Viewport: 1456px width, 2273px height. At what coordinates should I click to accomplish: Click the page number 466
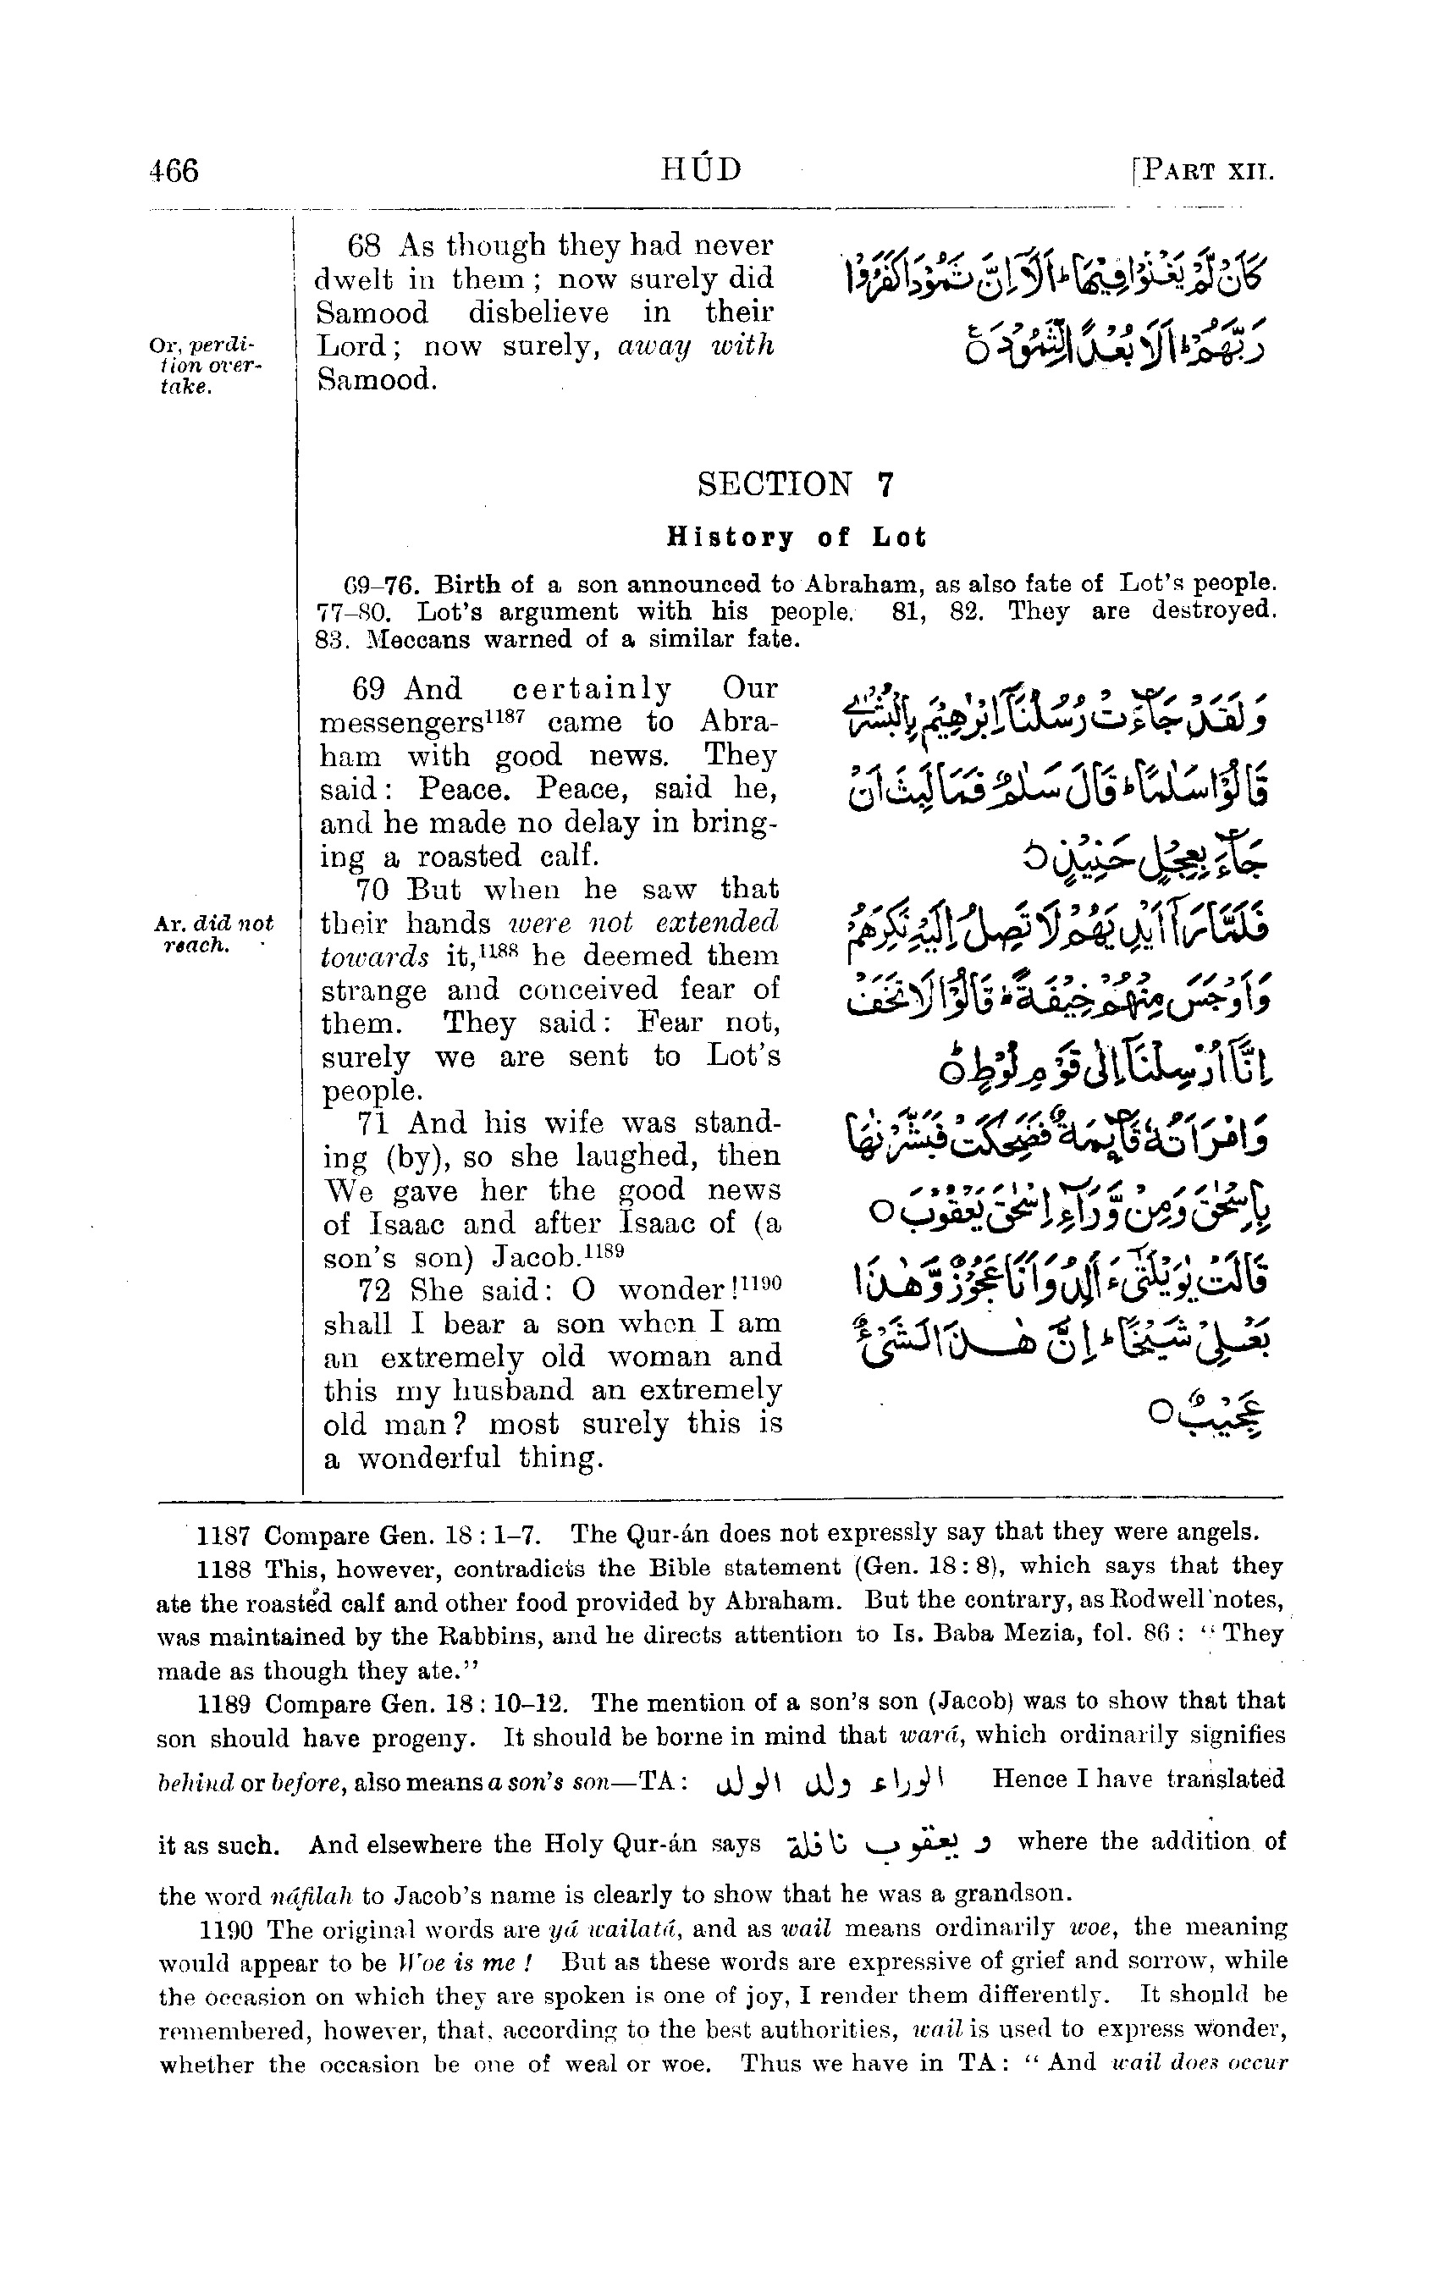(174, 171)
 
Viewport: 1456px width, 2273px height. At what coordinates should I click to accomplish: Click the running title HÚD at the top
(701, 169)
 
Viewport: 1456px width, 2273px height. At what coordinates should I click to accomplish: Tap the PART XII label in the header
(1205, 172)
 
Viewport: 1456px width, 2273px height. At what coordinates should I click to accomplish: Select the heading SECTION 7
(795, 484)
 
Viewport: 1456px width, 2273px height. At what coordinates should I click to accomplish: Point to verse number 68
(364, 245)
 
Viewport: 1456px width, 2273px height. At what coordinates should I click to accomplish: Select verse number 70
(372, 890)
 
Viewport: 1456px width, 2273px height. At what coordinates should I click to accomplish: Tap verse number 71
(372, 1123)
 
